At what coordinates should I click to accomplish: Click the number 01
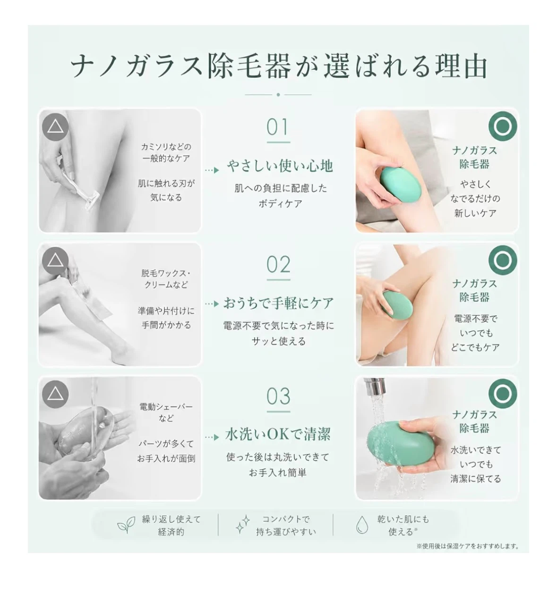pos(278,127)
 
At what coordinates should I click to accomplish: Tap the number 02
pos(278,264)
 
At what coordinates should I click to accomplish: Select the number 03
pos(278,396)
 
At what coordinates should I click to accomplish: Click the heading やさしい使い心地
pos(280,166)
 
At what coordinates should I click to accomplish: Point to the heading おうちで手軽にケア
pos(279,303)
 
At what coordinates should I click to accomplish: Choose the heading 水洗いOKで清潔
pos(278,434)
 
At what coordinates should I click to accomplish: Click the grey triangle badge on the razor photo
pos(55,126)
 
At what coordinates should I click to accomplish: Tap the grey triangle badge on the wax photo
pos(55,260)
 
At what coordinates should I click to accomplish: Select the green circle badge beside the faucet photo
pos(503,393)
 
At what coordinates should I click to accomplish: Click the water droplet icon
pos(362,525)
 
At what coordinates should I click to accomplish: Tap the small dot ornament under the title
pos(278,95)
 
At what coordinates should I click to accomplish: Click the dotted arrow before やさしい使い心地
pos(212,170)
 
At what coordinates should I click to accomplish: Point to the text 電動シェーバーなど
pos(166,412)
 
